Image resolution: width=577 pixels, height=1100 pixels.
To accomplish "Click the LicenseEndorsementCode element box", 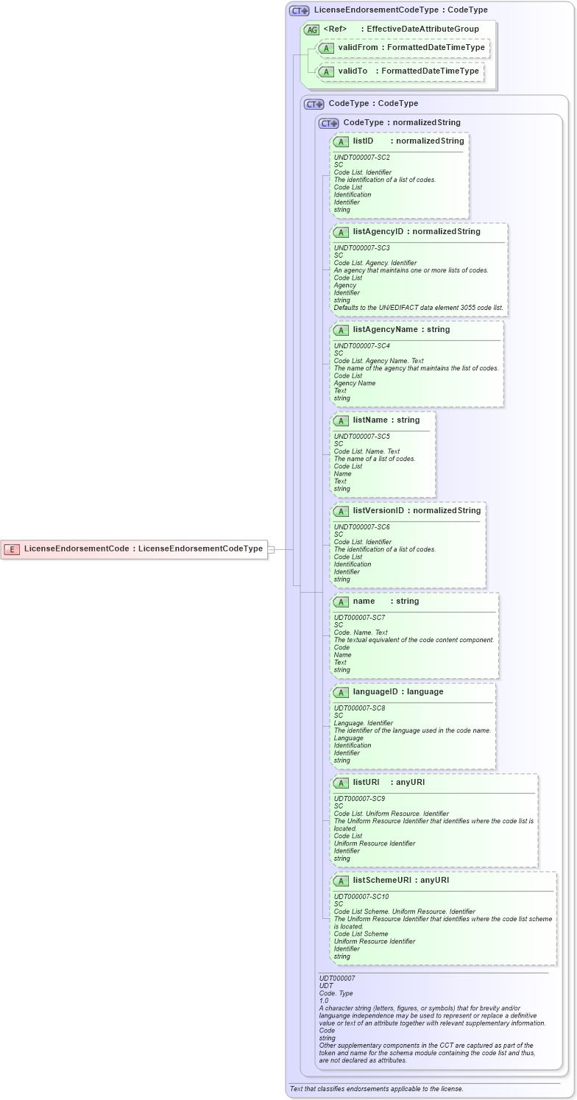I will pyautogui.click(x=134, y=549).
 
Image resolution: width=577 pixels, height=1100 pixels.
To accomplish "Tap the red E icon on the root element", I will pyautogui.click(x=13, y=549).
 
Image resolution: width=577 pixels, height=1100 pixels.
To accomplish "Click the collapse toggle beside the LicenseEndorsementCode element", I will pyautogui.click(x=271, y=549).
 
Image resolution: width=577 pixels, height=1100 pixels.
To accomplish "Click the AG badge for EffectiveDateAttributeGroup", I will pyautogui.click(x=312, y=29).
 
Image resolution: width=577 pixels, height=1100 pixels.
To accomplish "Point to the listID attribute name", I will pyautogui.click(x=363, y=141).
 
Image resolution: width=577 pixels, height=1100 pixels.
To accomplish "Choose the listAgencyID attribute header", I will pyautogui.click(x=417, y=232).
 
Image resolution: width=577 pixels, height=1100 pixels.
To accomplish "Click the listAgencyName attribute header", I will pyautogui.click(x=401, y=330).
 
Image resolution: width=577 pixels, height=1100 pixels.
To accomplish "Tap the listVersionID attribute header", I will pyautogui.click(x=417, y=511).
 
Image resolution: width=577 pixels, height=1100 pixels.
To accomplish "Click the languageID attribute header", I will pyautogui.click(x=398, y=692).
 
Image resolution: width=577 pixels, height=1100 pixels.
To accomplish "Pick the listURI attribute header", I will pyautogui.click(x=389, y=783).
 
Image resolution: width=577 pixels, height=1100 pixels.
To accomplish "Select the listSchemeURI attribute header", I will pyautogui.click(x=401, y=881).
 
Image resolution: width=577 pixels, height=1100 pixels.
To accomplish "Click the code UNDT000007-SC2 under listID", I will pyautogui.click(x=361, y=158).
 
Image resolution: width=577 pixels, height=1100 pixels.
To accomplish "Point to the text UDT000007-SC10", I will pyautogui.click(x=361, y=897).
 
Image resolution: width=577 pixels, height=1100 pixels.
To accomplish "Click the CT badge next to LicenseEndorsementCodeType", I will pyautogui.click(x=299, y=11).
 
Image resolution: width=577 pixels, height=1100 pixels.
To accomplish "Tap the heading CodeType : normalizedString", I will pyautogui.click(x=401, y=123).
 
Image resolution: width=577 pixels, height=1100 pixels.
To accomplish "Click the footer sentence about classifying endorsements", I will pyautogui.click(x=376, y=1089).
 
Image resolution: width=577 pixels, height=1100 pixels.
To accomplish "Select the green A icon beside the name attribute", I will pyautogui.click(x=341, y=602).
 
